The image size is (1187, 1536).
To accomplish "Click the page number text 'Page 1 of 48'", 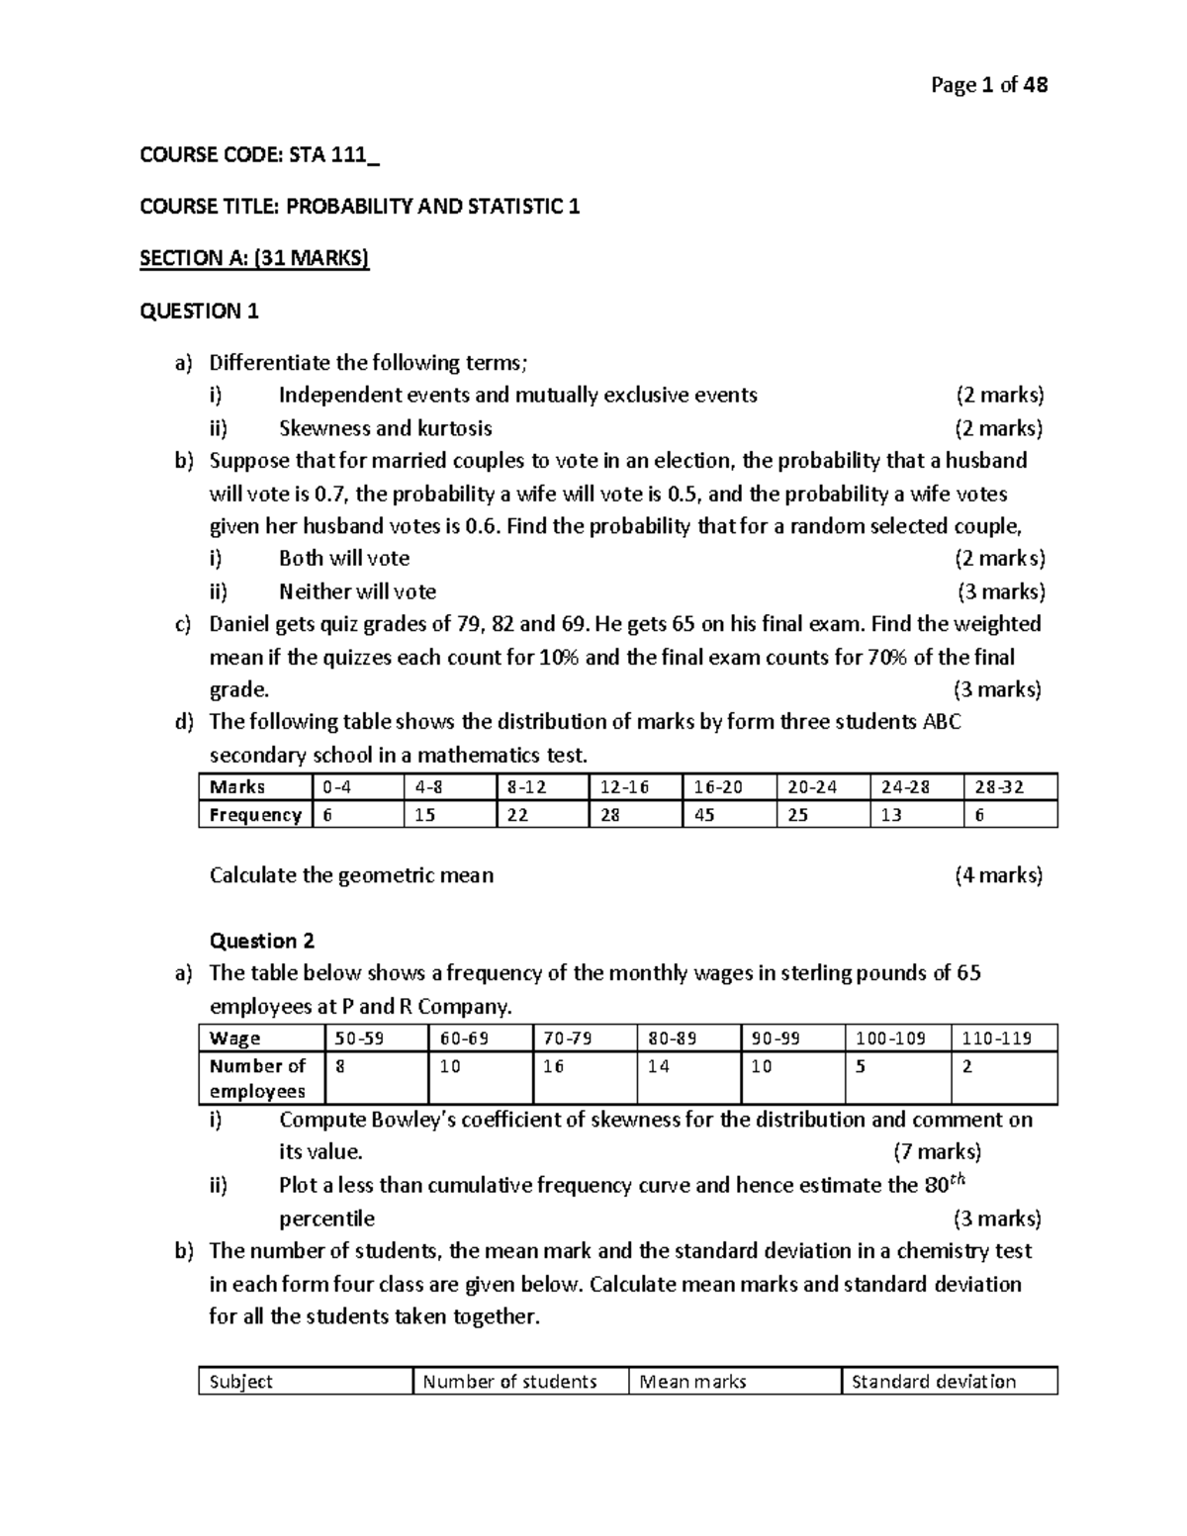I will [989, 85].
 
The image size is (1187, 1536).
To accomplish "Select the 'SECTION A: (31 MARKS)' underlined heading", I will [254, 258].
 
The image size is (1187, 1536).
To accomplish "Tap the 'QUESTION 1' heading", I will [199, 312].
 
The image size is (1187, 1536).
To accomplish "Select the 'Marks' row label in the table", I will [237, 787].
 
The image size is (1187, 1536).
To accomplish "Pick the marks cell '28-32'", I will [998, 787].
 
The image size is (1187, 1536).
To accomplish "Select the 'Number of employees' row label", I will [258, 1079].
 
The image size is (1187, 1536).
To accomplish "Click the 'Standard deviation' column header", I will [933, 1382].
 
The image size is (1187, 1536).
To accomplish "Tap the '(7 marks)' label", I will [937, 1152].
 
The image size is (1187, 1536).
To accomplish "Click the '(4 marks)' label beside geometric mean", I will [998, 875].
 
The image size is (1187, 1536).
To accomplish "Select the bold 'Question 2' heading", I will [262, 941].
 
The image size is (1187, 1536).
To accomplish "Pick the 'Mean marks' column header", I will [692, 1382].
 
